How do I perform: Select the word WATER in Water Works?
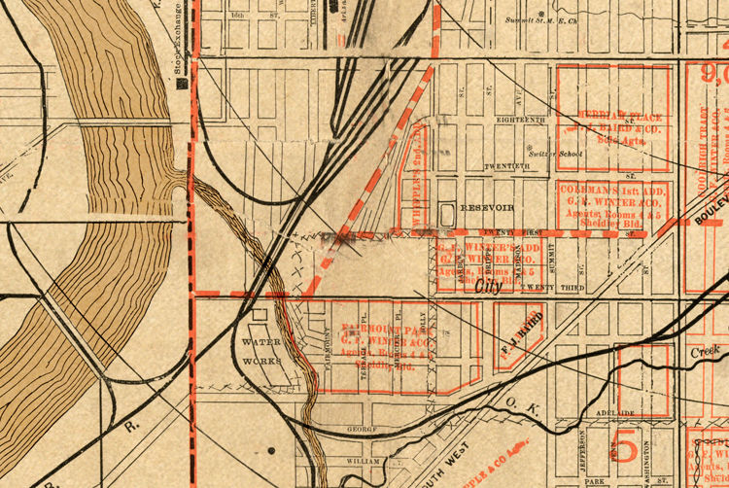(260, 343)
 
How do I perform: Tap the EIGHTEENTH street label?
(521, 120)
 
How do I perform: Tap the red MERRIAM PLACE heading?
(613, 114)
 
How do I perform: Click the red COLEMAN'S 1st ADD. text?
(611, 191)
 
